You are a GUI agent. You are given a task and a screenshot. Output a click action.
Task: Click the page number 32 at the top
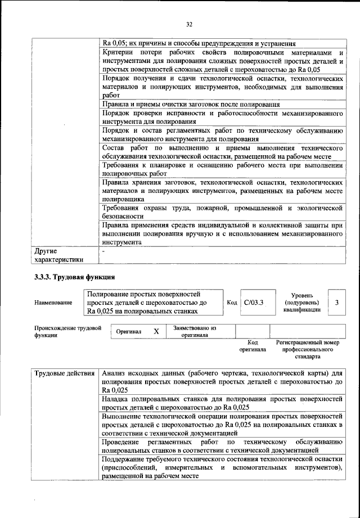coord(189,24)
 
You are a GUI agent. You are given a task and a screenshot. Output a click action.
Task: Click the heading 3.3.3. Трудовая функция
coord(75,277)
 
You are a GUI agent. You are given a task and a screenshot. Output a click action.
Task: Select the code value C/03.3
coord(254,303)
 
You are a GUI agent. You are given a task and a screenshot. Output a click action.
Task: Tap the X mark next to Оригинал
coord(156,332)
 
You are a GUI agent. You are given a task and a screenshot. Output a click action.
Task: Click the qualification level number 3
coord(336,303)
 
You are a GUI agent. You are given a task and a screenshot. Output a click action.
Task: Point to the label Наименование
coord(53,303)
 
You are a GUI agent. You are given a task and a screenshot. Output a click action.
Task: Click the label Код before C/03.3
coord(232,303)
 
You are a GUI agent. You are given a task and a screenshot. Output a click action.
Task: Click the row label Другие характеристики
coord(58,255)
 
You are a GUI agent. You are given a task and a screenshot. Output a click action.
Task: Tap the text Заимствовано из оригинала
coord(195,331)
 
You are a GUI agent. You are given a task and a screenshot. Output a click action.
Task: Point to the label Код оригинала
coord(253,345)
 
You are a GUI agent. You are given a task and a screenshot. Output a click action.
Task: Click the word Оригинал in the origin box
coord(129,332)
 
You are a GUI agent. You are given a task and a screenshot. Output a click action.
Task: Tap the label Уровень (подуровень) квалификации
coord(306,303)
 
